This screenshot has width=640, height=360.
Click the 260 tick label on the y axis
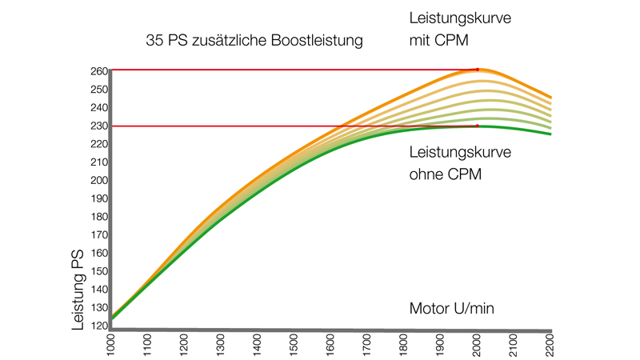pos(98,70)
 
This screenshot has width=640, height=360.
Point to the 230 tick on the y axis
pos(98,126)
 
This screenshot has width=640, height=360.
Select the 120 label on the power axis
pos(98,326)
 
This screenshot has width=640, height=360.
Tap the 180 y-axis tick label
pos(98,217)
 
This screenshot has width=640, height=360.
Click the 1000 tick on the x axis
pos(110,346)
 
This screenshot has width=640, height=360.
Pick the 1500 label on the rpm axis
pos(294,346)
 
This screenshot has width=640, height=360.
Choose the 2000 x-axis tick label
pos(478,346)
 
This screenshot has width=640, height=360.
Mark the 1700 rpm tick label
pos(367,346)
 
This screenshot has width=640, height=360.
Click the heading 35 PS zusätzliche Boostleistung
pos(254,39)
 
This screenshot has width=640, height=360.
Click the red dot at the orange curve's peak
pos(478,70)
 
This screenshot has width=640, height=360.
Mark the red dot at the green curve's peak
pos(478,126)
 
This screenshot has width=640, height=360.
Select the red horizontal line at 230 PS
pos(240,126)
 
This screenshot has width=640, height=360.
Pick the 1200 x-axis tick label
pos(184,346)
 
